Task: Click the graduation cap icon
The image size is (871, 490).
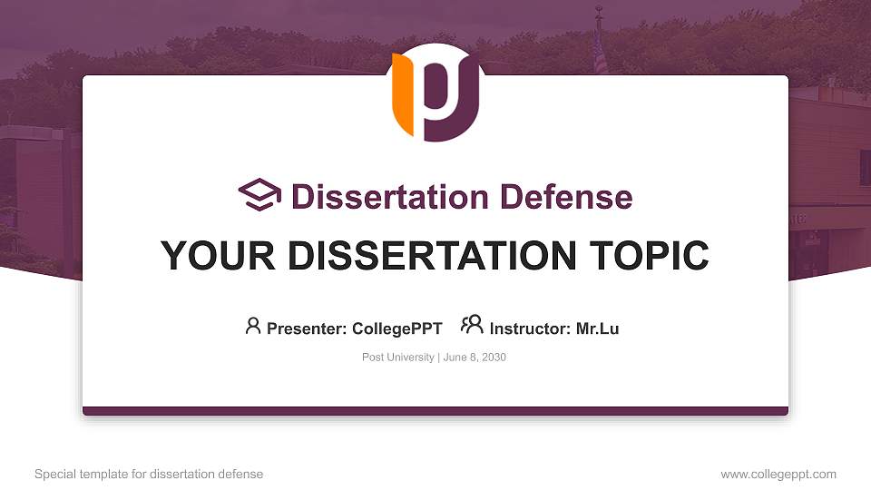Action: (259, 195)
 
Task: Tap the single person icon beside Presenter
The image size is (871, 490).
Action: (253, 326)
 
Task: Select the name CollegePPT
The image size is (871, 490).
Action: (396, 328)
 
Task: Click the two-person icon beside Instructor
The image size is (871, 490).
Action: (472, 325)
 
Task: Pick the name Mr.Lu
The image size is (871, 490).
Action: (597, 328)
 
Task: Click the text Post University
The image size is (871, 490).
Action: (397, 358)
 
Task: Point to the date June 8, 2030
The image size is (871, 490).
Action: (475, 358)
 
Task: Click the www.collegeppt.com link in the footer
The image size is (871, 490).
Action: (778, 474)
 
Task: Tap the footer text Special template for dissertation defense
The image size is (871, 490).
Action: (149, 474)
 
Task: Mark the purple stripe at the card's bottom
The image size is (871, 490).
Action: (435, 411)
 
